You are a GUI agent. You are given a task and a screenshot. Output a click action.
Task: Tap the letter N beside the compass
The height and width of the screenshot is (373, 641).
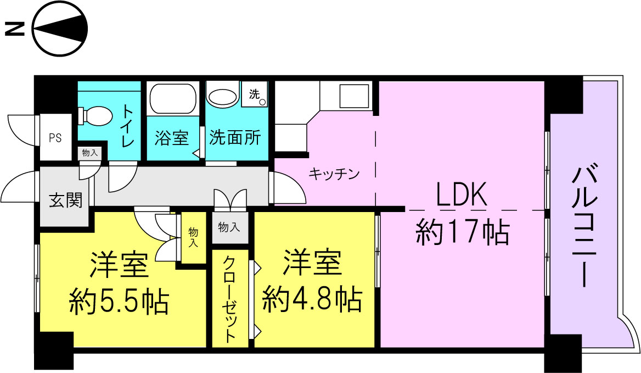coord(15,29)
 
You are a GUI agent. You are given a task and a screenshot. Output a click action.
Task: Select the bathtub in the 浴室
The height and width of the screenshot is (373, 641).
coord(173,98)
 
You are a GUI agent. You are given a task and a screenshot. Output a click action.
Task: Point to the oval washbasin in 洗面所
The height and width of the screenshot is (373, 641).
coord(223,97)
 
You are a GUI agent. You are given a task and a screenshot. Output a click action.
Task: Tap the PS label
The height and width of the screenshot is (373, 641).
coord(55,138)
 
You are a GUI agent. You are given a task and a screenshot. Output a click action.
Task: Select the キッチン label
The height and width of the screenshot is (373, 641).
coord(334,175)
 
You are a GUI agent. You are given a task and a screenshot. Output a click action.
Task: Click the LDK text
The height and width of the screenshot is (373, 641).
coord(461,195)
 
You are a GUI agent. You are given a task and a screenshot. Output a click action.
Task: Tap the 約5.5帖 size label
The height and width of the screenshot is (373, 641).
coord(119,301)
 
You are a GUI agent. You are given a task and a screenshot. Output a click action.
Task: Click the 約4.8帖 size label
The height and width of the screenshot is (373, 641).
coord(312,299)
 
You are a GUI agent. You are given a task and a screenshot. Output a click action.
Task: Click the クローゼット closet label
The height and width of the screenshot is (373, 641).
coord(230,299)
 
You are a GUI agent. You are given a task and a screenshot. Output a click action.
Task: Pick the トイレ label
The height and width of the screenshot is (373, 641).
coord(127,126)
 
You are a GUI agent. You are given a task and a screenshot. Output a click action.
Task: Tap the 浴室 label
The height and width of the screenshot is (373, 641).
coord(172,138)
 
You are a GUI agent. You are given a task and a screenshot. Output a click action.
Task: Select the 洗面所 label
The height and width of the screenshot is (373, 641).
coord(235,138)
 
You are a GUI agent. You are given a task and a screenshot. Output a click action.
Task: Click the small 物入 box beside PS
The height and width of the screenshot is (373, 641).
coord(89,153)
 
